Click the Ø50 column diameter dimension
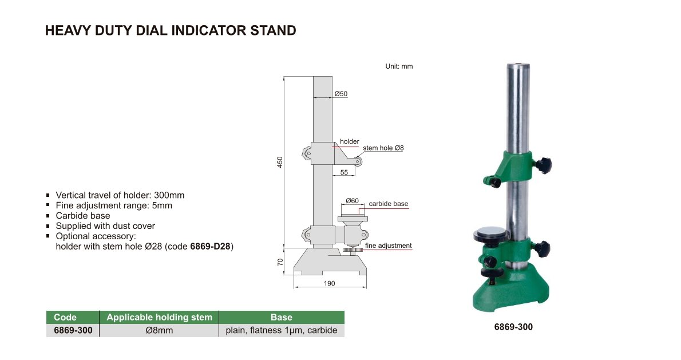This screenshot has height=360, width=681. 341,94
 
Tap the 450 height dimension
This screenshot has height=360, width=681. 280,162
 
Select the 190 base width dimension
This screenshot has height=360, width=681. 330,283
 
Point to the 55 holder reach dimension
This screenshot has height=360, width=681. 344,172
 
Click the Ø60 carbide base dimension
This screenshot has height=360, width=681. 352,201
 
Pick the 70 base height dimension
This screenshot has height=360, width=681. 280,262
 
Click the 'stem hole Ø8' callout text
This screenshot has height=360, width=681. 383,148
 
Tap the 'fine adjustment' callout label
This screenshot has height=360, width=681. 388,246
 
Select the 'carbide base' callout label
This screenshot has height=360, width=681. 388,204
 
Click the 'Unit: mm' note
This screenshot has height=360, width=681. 399,66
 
